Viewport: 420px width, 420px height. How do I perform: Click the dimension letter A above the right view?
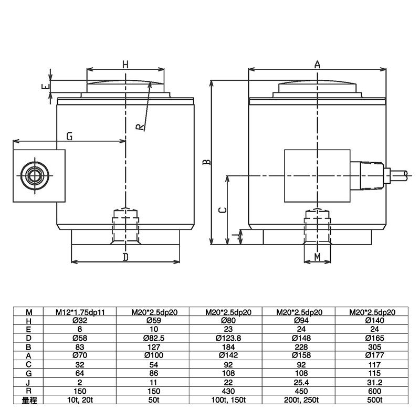point(317,64)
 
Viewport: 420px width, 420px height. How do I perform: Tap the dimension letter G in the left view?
point(69,136)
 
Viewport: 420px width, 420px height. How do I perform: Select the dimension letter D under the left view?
point(125,257)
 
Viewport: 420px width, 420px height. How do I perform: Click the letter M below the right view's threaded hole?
point(317,256)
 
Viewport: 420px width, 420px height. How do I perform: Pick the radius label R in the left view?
point(139,127)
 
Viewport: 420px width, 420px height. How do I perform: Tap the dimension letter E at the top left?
point(46,87)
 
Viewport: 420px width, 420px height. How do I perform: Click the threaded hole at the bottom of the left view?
point(125,226)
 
